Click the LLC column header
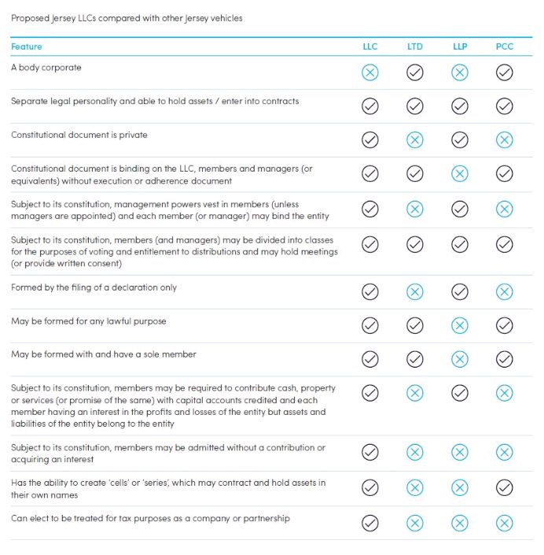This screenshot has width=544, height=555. [369, 46]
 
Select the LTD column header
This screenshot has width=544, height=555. [414, 46]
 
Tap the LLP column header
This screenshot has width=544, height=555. [460, 46]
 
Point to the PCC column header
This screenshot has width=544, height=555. [505, 46]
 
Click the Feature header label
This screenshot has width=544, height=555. [27, 46]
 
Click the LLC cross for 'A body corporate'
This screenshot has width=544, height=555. [369, 72]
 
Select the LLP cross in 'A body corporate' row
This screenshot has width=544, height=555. [460, 72]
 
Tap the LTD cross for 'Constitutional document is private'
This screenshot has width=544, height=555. [414, 140]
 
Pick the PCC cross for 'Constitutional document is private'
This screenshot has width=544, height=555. [505, 140]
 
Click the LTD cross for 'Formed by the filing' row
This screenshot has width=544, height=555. [414, 292]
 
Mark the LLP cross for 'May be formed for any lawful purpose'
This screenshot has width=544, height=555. [460, 326]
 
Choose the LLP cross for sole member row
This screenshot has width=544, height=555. [460, 360]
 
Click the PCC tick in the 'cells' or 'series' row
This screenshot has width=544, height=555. [505, 488]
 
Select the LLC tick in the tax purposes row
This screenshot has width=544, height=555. [369, 523]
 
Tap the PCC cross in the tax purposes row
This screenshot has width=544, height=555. [505, 523]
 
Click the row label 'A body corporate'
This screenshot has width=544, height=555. [46, 68]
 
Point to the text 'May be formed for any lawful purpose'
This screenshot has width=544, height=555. [89, 321]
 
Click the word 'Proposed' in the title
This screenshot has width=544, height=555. [28, 18]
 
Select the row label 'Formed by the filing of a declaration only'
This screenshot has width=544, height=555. [94, 287]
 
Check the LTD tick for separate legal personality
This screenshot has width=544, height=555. [414, 106]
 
